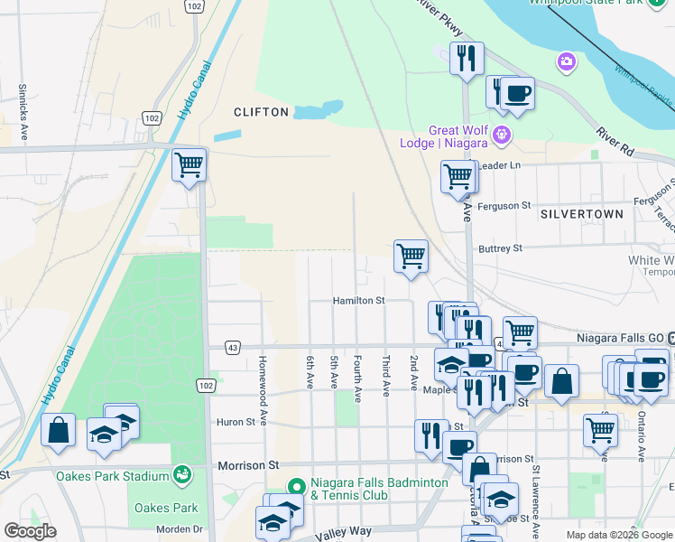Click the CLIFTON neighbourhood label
tap(261, 112)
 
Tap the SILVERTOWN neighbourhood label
tap(582, 214)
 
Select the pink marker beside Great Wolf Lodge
tap(503, 137)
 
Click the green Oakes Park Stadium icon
tap(183, 473)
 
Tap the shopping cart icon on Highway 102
tap(190, 166)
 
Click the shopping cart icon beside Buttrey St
tap(411, 256)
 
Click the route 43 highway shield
tap(233, 347)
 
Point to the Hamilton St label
tap(358, 300)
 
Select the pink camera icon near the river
tap(567, 61)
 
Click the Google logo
tap(30, 531)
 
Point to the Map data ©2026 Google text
tap(618, 535)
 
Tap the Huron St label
tap(236, 422)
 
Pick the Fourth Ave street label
tap(358, 378)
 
